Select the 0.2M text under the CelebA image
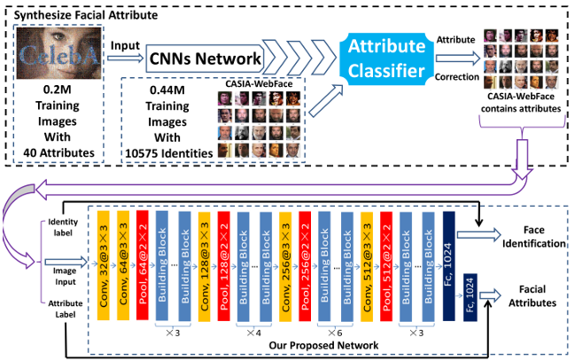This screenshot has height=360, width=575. click(x=61, y=90)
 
